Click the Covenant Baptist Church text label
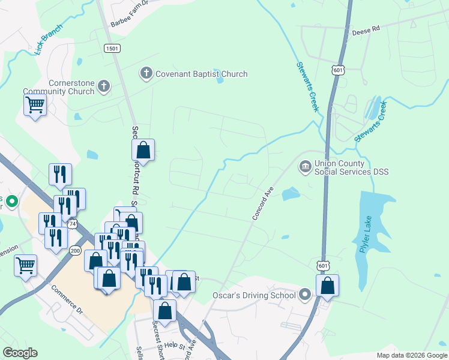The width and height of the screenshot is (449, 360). coord(201,74)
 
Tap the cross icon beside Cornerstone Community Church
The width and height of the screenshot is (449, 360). coord(104,86)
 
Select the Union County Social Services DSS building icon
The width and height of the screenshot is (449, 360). coord(305,165)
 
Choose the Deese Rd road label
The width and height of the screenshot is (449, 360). coord(366,29)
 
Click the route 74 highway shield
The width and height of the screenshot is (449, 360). coord(73,223)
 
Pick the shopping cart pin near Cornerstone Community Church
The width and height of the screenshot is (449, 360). coord(35,105)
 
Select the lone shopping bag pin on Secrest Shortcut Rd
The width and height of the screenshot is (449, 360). coord(143,150)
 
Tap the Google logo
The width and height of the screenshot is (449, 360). coord(20,353)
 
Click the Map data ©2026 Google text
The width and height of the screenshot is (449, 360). coord(411,355)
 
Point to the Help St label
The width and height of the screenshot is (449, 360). coord(177,345)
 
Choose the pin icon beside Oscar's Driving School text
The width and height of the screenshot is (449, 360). coord(305,295)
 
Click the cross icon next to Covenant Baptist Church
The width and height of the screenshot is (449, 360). coord(145,74)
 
